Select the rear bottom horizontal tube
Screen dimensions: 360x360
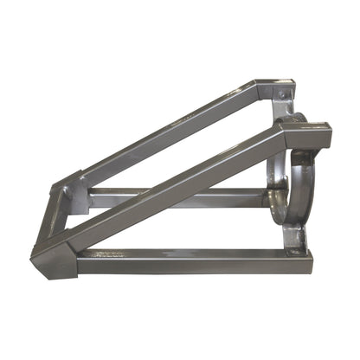coord(173,198)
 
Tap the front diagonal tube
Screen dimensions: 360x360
coord(173,186)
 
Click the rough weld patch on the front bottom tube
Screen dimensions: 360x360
coord(108,254)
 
